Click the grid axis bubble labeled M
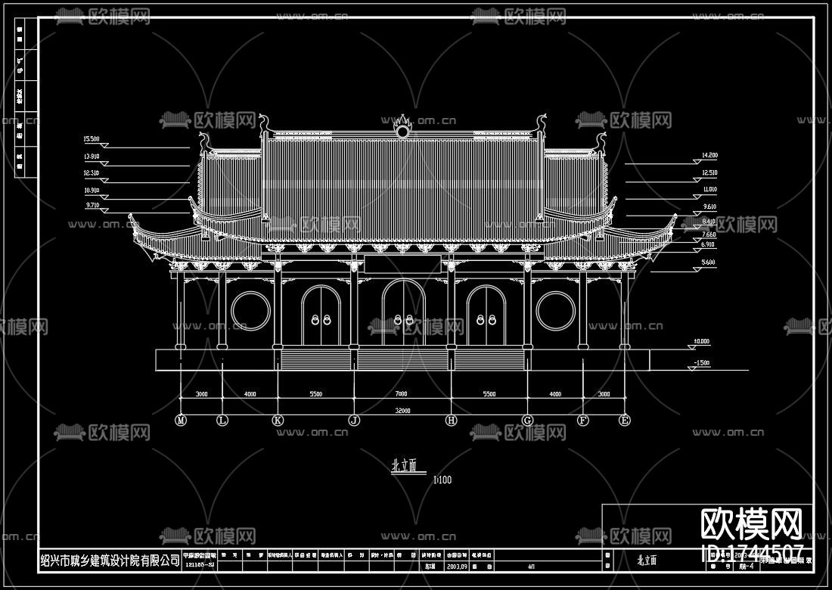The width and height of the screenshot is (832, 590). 181,420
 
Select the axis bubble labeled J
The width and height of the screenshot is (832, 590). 354,420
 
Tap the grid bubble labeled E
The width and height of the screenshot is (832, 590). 625,420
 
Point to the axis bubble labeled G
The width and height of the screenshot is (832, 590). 528,420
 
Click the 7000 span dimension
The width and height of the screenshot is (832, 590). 401,394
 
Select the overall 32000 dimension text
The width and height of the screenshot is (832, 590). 402,411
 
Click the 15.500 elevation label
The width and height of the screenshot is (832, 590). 92,139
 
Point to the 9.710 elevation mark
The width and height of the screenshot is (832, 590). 92,205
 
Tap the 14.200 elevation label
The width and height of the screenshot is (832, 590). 709,155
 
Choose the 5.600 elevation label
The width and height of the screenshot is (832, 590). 708,262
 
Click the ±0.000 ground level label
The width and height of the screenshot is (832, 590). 702,342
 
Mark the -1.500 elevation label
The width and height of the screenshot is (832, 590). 702,363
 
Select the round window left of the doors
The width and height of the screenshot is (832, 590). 248,312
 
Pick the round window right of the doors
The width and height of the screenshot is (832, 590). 556,312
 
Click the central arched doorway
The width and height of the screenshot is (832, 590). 403,314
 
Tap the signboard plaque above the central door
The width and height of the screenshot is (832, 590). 402,264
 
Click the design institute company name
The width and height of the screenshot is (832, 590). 110,560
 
